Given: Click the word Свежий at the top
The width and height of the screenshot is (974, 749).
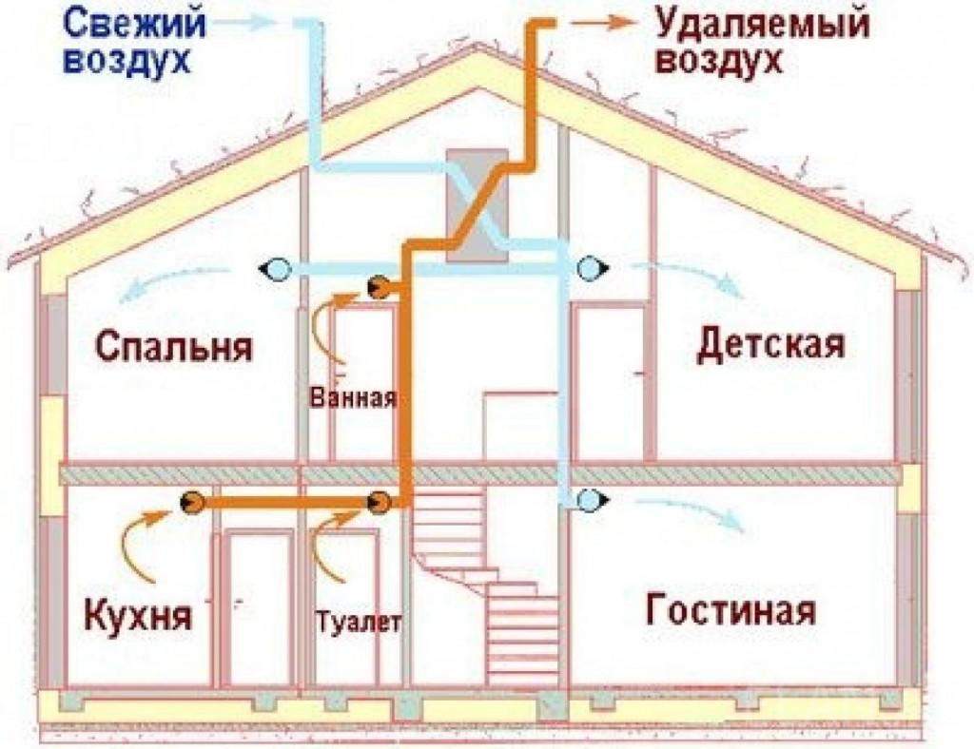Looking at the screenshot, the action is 134,25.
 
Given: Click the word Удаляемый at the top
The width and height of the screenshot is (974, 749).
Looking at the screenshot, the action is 762,26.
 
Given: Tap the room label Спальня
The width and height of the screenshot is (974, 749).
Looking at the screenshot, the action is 175,346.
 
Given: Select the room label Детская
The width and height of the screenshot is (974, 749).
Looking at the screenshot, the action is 770,344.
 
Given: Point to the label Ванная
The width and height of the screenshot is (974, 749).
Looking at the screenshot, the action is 353,397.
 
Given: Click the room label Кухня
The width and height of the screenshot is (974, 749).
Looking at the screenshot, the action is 138,614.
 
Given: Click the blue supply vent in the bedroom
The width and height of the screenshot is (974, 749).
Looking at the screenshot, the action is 275,269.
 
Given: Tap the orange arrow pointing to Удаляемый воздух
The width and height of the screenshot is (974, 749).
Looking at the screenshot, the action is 601,24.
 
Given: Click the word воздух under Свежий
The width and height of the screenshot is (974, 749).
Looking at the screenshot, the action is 127,61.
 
